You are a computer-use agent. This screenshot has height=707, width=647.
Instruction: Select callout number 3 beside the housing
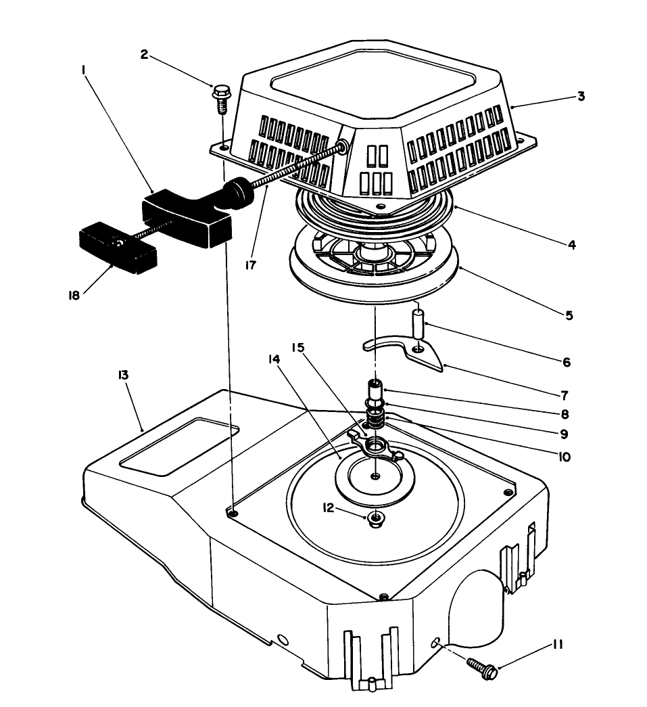581,96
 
